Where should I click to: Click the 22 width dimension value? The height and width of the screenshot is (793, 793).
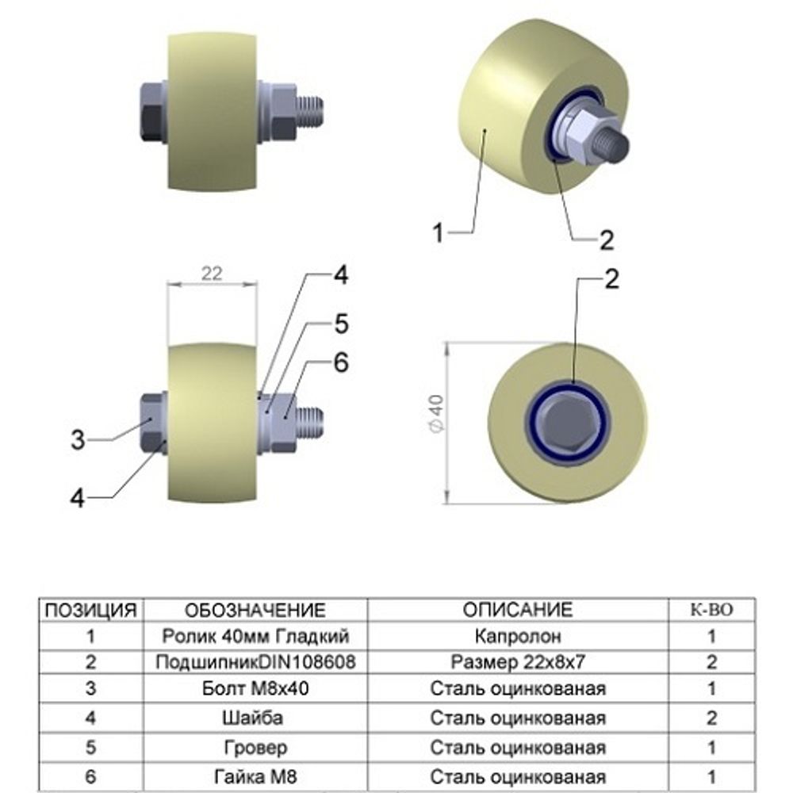[211, 274]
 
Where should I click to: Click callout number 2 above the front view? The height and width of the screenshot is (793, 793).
[611, 279]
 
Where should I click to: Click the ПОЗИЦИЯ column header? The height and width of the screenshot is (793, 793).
[90, 610]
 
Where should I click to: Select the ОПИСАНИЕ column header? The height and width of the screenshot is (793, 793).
[517, 610]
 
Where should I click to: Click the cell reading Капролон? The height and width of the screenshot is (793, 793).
[517, 636]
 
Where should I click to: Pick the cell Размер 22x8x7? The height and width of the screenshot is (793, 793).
[517, 661]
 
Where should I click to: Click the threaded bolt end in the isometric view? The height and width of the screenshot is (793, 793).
[615, 143]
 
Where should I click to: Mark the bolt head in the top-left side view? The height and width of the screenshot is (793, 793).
[151, 112]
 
